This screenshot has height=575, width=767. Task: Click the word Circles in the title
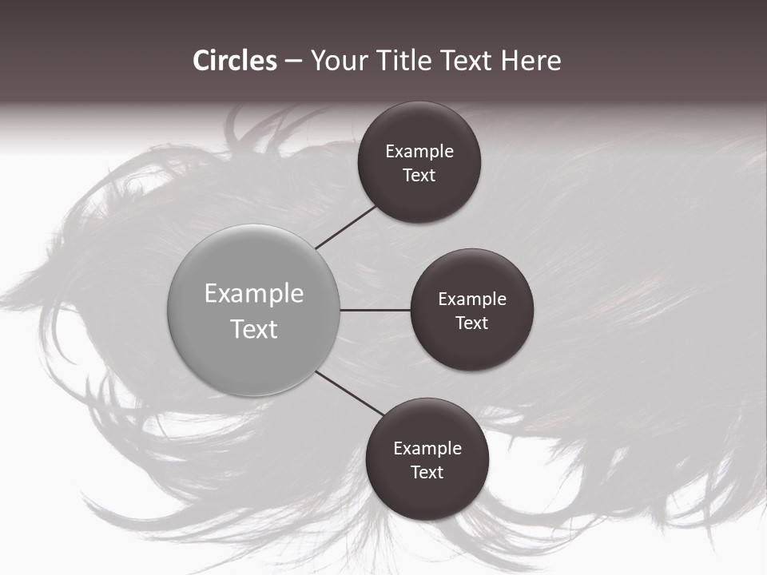coord(235,61)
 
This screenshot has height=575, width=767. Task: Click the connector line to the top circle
coord(347,227)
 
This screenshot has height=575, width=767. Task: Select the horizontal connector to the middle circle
coord(376,310)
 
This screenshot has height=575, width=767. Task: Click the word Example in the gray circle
coord(254,294)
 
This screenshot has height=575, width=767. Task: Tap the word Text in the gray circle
coord(254,329)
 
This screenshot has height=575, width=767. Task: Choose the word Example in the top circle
coord(419,152)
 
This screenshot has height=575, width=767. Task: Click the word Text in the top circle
coord(419,176)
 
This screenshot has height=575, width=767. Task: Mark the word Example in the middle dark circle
coord(472,299)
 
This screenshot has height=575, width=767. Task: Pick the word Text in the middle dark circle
coord(472,323)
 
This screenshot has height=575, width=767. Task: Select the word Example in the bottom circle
coord(427,449)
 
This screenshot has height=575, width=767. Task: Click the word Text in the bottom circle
coord(427,473)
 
